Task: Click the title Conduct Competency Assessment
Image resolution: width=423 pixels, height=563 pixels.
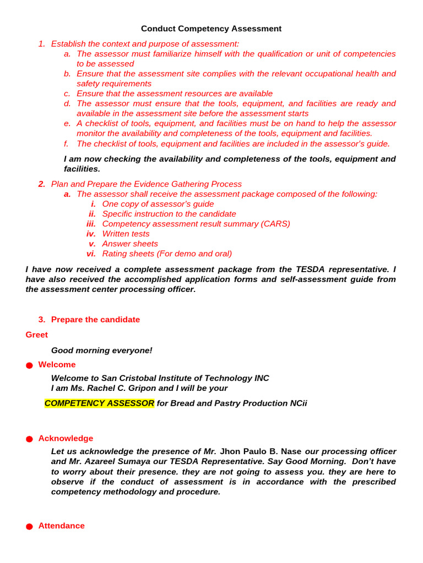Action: pyautogui.click(x=211, y=29)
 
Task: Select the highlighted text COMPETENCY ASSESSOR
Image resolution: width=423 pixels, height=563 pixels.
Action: pyautogui.click(x=99, y=404)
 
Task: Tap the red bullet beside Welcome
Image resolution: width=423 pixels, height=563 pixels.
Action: pyautogui.click(x=29, y=366)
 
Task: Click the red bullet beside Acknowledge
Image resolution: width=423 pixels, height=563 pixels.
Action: pyautogui.click(x=29, y=439)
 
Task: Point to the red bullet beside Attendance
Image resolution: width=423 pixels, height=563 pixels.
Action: pyautogui.click(x=29, y=527)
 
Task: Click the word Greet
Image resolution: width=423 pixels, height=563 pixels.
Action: pyautogui.click(x=36, y=335)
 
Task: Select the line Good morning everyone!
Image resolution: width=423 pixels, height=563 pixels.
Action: pyautogui.click(x=101, y=351)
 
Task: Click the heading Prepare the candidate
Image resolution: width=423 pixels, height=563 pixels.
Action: pyautogui.click(x=95, y=319)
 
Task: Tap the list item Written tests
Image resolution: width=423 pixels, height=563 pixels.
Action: pyautogui.click(x=126, y=234)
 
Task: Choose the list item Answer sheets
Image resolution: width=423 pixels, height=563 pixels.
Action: pyautogui.click(x=130, y=244)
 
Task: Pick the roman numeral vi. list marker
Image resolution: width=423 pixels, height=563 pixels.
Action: pyautogui.click(x=91, y=253)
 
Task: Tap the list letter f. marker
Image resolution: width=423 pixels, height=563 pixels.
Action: pyautogui.click(x=66, y=143)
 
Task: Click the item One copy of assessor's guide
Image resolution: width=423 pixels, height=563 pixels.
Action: pyautogui.click(x=158, y=204)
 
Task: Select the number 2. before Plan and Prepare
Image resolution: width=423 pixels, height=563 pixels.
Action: pyautogui.click(x=41, y=184)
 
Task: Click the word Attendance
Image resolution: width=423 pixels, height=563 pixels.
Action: pyautogui.click(x=62, y=526)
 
